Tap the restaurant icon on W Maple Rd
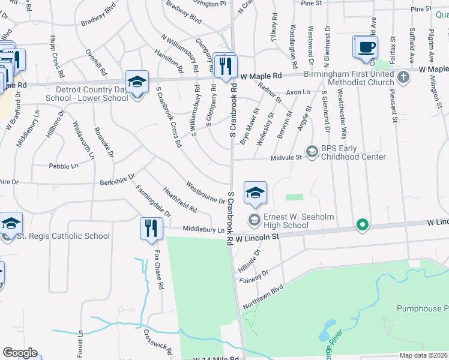click(225, 65)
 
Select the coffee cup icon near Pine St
click(366, 47)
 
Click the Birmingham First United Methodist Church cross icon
click(403, 77)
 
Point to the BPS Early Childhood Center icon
click(312, 152)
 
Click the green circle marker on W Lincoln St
click(361, 226)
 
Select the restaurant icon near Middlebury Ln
click(149, 229)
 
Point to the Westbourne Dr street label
click(205, 192)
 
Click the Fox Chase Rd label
click(159, 271)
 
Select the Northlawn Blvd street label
click(262, 298)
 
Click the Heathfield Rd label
click(179, 200)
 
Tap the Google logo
click(20, 352)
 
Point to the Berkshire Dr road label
click(118, 179)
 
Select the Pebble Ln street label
click(64, 166)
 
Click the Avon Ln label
click(298, 92)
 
